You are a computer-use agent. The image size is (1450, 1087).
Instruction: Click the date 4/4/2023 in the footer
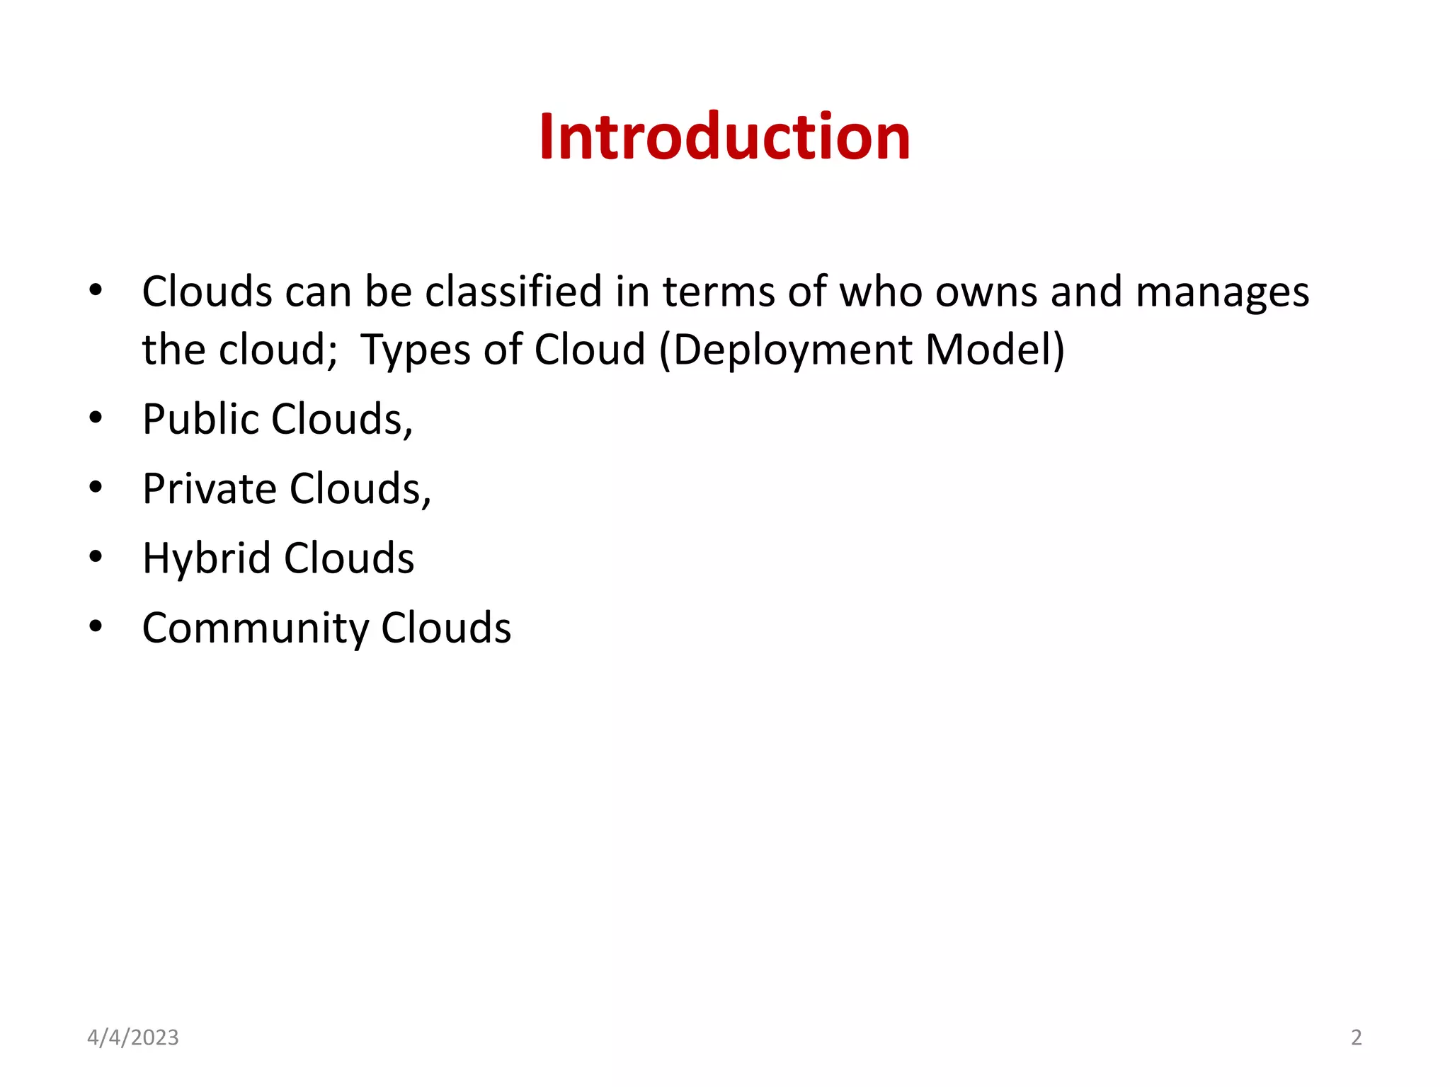tap(132, 1037)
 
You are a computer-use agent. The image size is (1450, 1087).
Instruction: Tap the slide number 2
tap(1356, 1037)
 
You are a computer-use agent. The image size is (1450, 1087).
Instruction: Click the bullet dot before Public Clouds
tap(96, 418)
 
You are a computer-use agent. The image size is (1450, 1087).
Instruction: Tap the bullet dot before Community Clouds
tap(96, 626)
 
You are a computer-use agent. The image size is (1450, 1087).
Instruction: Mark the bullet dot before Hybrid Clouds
tap(96, 556)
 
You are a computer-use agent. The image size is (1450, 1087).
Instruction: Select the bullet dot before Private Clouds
tap(96, 487)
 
